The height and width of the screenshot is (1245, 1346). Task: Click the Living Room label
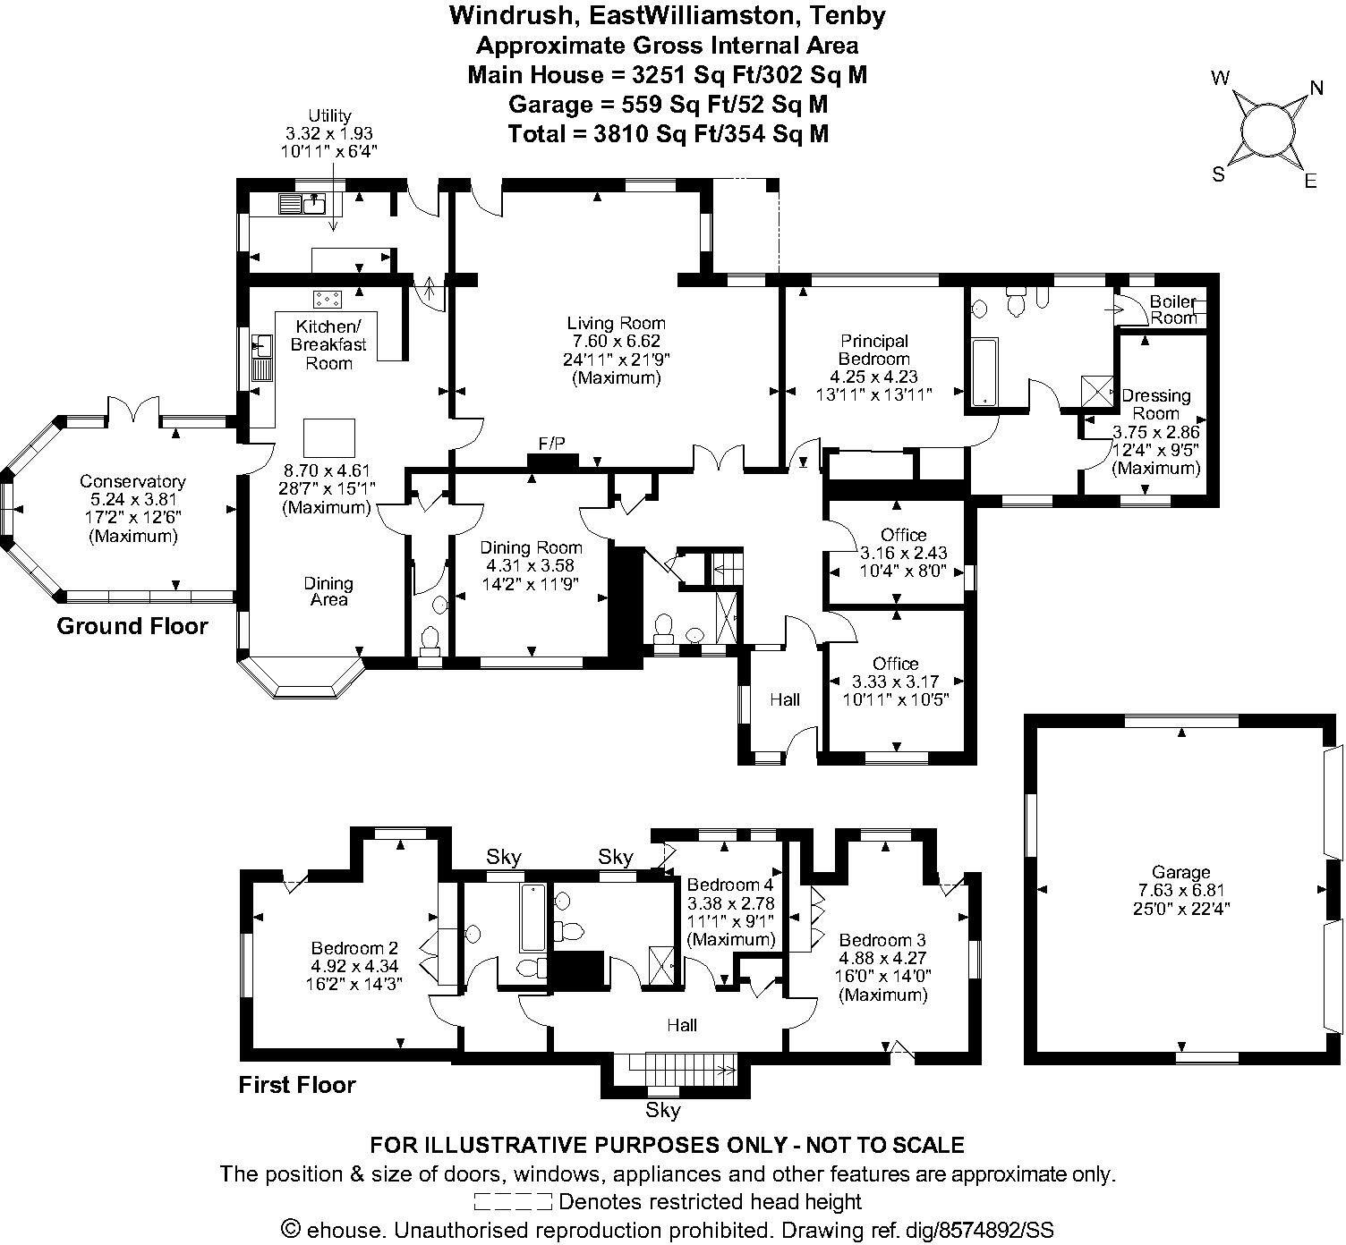[616, 323]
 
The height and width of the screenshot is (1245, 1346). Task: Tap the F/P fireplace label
[551, 444]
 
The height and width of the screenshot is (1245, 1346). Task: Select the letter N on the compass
[1316, 88]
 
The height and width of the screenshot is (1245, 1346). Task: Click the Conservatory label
[132, 481]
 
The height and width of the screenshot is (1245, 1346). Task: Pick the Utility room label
[329, 115]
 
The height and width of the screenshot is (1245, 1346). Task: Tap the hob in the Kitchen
[328, 298]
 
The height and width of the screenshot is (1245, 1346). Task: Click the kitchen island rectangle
[329, 438]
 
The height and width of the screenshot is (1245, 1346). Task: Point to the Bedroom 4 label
[730, 885]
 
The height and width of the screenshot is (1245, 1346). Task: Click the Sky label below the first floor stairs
[662, 1111]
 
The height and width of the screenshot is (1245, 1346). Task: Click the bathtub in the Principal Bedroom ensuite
[984, 373]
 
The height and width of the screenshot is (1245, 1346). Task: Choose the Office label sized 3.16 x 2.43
[903, 535]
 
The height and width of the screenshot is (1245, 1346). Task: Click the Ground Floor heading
[132, 626]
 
